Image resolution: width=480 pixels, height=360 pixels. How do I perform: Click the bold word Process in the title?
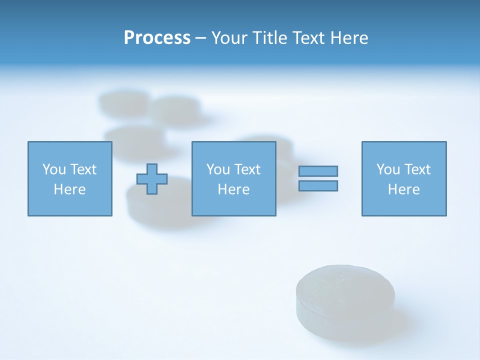157,38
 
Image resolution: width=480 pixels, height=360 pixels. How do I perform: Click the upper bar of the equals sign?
318,171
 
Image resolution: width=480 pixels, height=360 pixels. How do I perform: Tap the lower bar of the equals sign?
318,186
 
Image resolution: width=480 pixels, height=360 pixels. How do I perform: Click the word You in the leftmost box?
54,169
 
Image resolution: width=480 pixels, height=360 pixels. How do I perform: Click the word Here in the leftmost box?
69,189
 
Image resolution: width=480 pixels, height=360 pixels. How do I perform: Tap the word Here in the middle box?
233,189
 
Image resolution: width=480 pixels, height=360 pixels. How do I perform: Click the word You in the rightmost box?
388,169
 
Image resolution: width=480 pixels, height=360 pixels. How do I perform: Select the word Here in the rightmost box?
404,189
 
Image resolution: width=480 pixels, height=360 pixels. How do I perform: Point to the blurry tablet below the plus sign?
150,205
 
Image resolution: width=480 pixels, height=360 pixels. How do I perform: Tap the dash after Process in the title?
200,38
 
